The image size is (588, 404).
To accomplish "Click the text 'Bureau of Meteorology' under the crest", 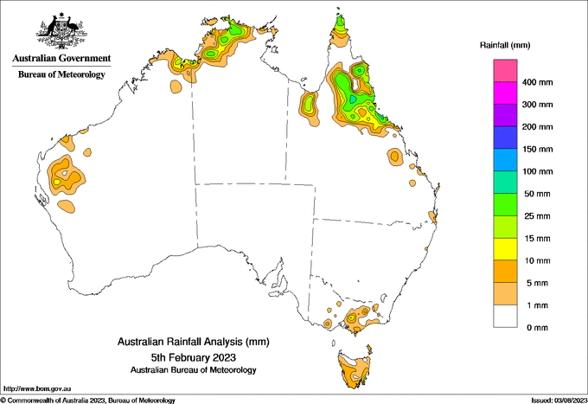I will click(61, 74).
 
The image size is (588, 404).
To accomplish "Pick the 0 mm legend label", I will click(536, 327).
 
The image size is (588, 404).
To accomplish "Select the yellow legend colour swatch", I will click(505, 249).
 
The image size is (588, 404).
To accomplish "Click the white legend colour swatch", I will click(505, 316).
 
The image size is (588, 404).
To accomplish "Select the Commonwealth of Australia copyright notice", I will click(89, 400).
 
